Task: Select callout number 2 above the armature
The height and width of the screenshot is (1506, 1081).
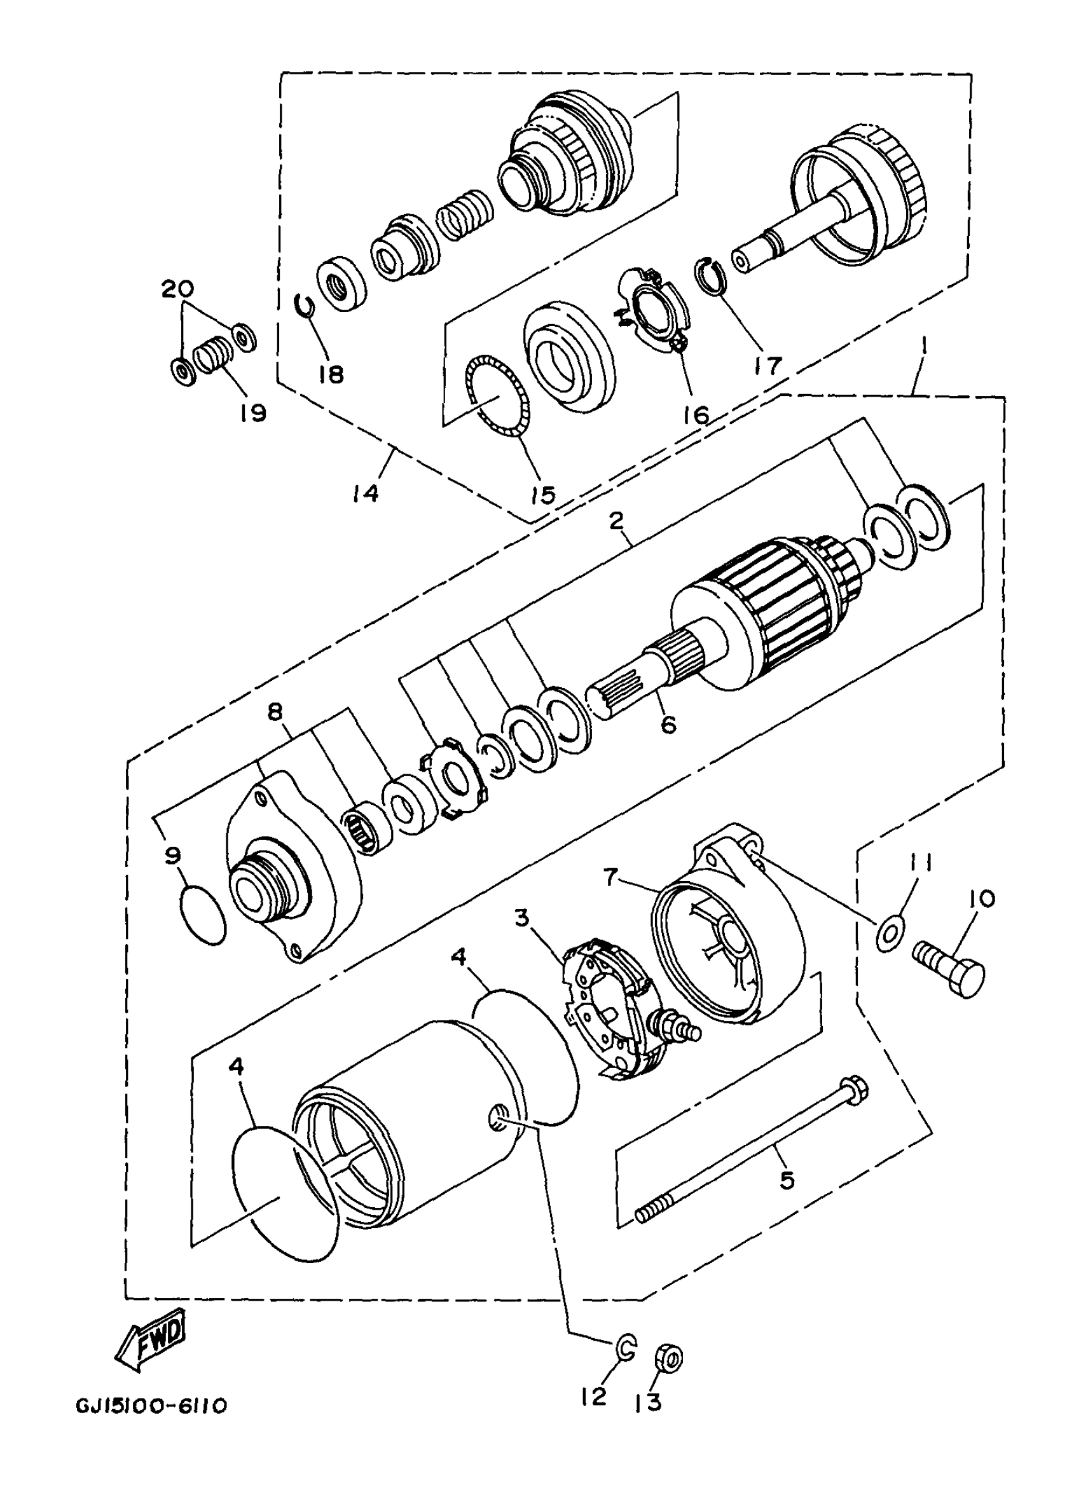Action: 616,521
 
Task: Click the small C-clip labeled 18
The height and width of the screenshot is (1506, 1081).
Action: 305,307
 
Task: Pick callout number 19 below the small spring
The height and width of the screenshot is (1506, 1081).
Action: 253,413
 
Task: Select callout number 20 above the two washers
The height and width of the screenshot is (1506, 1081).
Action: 178,289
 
